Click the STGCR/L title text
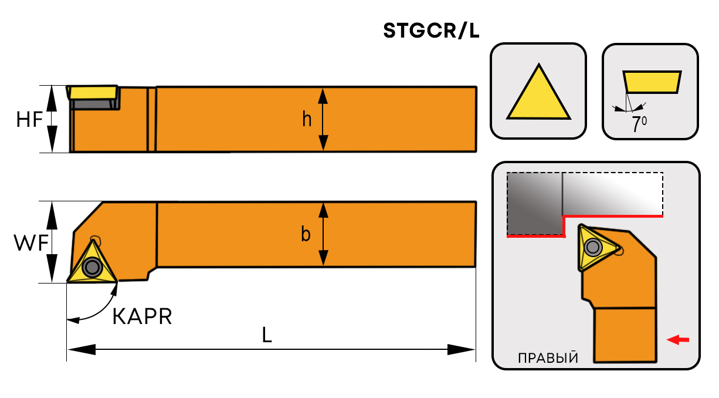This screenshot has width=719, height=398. tap(431, 31)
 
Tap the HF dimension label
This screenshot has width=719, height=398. tap(29, 120)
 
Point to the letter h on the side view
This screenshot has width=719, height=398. tap(307, 119)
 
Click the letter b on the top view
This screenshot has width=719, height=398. tap(306, 234)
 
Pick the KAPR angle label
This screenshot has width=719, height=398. tap(142, 317)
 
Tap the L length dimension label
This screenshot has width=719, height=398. tap(267, 335)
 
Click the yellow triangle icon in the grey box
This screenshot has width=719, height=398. tap(538, 95)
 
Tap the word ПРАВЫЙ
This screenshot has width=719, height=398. tap(548, 358)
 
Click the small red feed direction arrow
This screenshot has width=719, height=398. tap(679, 339)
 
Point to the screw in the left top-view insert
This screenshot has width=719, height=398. tap(92, 267)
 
